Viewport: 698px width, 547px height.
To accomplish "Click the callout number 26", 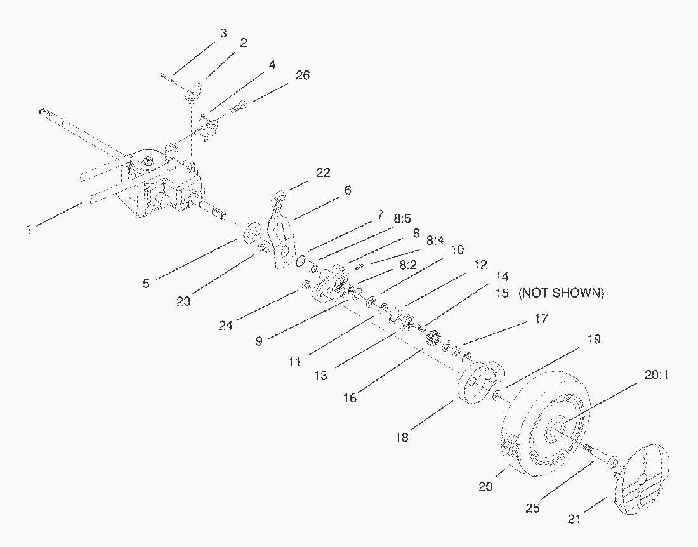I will (x=303, y=75).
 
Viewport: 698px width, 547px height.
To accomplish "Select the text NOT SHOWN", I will (x=561, y=293).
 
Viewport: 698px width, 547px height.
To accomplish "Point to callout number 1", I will (x=29, y=229).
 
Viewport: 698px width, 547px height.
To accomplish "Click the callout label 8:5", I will (x=402, y=218).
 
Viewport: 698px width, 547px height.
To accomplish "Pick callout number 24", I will (x=226, y=326).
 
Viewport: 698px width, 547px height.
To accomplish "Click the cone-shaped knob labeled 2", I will (x=192, y=93).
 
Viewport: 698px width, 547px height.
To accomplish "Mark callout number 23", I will (x=183, y=301).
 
